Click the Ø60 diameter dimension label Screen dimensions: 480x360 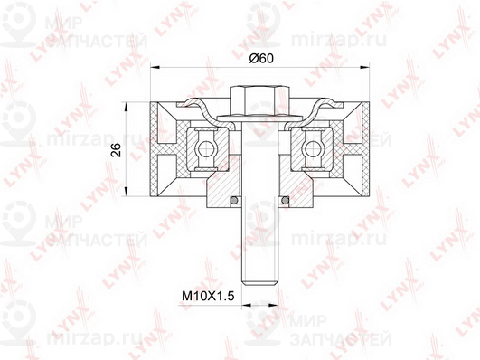click(261, 58)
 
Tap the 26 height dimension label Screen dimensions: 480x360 click(117, 150)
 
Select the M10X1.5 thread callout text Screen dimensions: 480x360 click(208, 297)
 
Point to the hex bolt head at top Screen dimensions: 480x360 click(260, 100)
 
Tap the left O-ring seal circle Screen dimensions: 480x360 click(234, 201)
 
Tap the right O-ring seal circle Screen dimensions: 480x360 click(286, 201)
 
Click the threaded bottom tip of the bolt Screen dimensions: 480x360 click(260, 284)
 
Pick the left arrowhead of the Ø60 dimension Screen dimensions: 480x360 click(155, 66)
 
